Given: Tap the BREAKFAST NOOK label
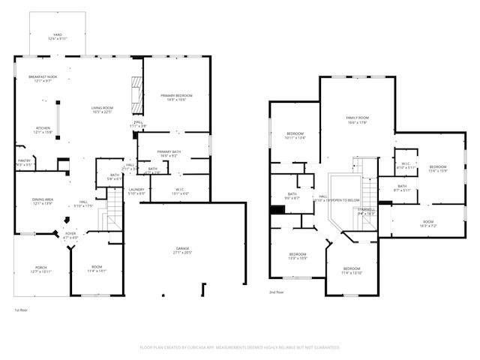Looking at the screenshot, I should tap(43, 78).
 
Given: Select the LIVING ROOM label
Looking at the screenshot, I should tap(101, 109).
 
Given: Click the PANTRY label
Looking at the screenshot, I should tap(25, 160).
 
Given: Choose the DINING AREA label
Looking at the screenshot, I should tap(42, 199).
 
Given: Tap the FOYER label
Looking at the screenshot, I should tap(70, 234).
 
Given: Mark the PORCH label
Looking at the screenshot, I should tap(39, 268).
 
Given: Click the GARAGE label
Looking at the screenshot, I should tap(183, 250).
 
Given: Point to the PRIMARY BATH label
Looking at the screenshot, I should tap(169, 152).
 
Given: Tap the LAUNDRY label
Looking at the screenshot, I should tap(136, 190).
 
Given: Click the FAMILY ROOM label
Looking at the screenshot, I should tap(357, 118).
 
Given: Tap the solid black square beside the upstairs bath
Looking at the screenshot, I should tap(276, 210).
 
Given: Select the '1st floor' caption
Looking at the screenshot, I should tap(21, 310).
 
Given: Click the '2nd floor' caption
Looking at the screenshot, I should tap(277, 292).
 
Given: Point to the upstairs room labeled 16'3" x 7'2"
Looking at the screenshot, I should tap(427, 223).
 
